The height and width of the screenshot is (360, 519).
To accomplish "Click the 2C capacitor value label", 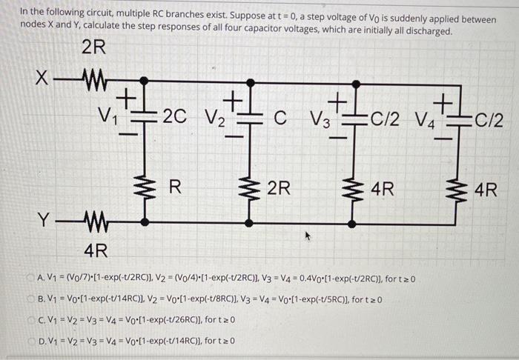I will (x=173, y=116).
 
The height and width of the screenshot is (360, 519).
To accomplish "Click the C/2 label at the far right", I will (x=489, y=117).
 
